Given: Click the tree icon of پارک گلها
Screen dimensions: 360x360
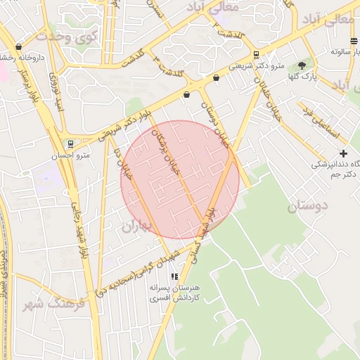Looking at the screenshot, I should tap(302, 65).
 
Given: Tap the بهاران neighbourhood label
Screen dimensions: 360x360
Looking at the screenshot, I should tap(139, 226).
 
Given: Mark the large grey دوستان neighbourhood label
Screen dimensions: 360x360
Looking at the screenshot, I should tap(309, 207).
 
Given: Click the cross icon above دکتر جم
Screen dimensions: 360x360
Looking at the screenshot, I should tap(343, 153).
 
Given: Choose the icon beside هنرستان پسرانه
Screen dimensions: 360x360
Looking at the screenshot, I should tap(174, 276).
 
